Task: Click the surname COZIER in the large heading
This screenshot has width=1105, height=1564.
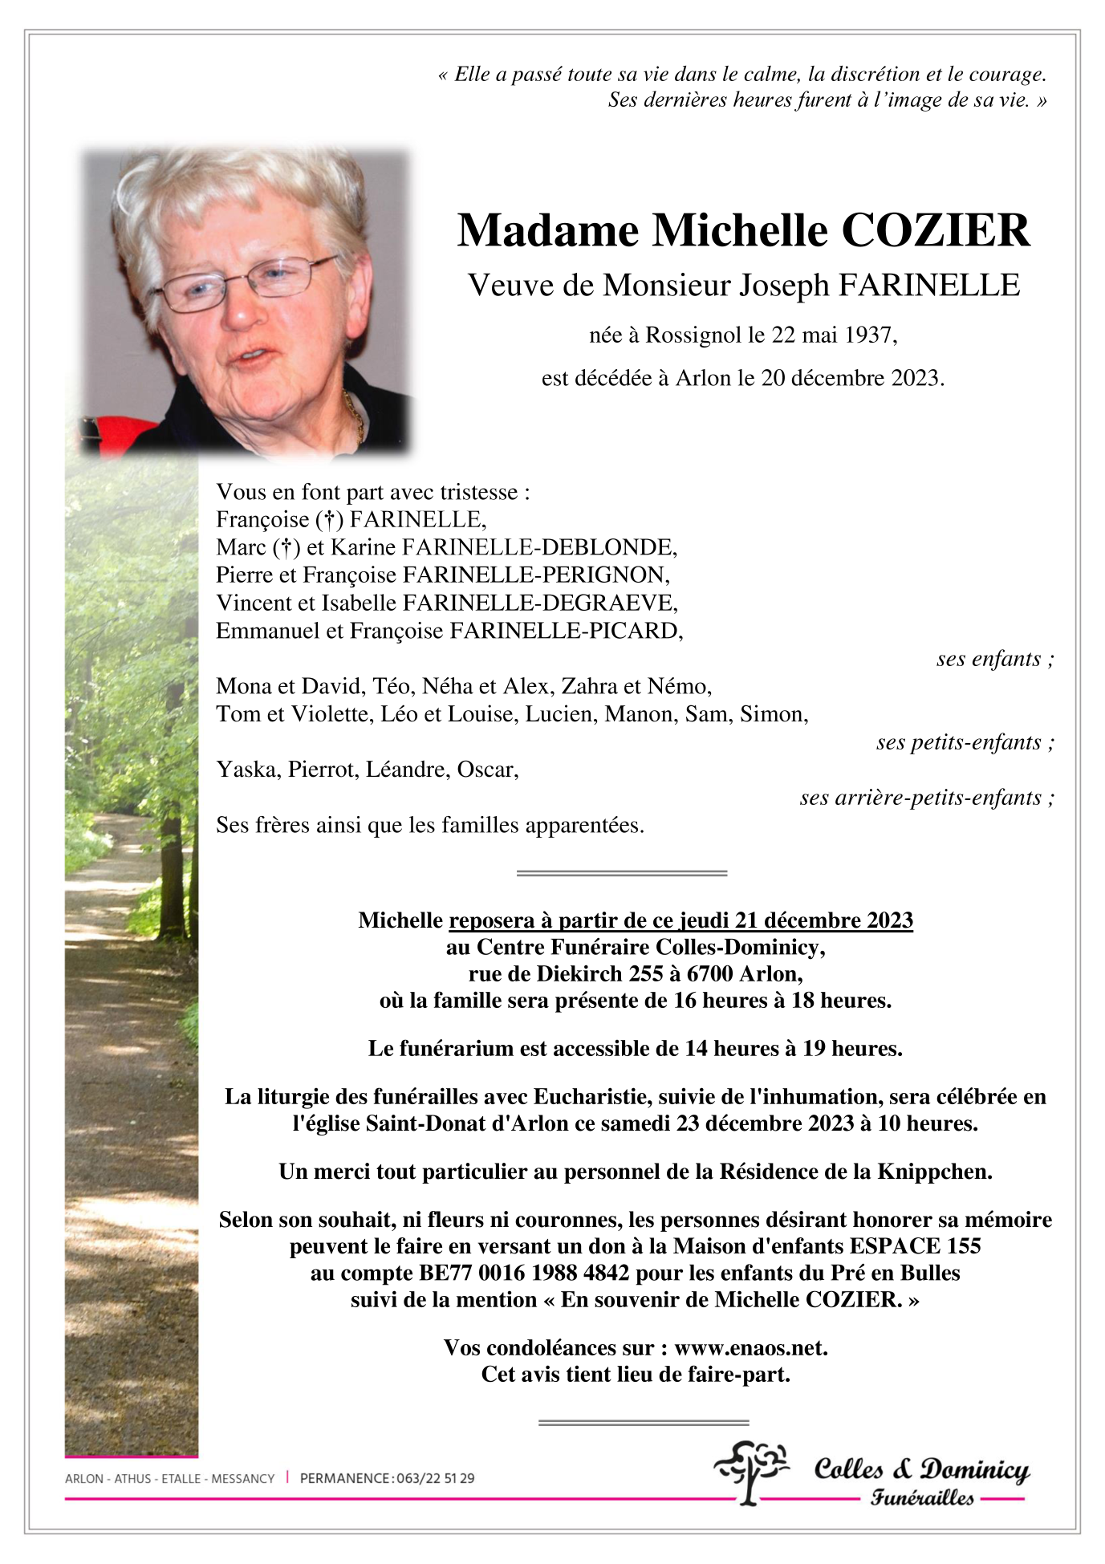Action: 935,231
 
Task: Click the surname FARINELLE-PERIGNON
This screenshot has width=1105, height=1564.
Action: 535,575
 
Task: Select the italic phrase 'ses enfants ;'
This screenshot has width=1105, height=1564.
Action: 995,660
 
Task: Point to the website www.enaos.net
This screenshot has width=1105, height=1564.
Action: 750,1348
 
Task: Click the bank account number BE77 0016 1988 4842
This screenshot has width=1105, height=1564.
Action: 525,1274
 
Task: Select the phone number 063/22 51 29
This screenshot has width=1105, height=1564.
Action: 435,1479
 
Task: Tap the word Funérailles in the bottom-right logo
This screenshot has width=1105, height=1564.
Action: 922,1498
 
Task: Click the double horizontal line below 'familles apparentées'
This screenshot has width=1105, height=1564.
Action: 621,873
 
